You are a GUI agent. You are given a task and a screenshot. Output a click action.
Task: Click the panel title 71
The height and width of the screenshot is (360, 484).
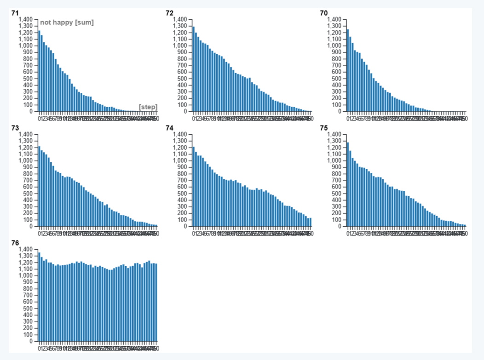click(15, 13)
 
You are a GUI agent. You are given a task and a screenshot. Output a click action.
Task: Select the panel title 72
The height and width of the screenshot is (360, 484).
click(169, 13)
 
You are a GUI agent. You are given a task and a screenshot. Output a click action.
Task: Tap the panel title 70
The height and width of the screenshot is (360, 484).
click(324, 13)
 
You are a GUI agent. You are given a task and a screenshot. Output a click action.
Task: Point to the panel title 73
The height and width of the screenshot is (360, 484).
click(15, 128)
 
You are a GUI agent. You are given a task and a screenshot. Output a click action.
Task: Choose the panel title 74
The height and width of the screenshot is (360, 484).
click(169, 128)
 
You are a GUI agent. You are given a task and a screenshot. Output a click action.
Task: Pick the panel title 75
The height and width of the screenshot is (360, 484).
click(324, 128)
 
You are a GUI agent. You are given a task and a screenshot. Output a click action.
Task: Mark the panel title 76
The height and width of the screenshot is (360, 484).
click(15, 243)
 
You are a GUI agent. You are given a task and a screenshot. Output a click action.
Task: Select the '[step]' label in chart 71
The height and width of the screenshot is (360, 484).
click(148, 107)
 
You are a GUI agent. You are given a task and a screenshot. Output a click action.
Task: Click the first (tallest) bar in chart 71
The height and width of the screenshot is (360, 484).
click(39, 71)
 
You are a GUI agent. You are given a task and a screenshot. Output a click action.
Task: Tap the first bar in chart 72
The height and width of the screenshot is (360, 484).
click(193, 69)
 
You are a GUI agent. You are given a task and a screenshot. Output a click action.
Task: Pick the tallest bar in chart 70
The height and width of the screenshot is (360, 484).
click(348, 70)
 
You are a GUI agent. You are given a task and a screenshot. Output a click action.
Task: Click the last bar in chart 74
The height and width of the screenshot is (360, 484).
click(311, 222)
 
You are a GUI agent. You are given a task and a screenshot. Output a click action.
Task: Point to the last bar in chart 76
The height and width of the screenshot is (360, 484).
click(156, 302)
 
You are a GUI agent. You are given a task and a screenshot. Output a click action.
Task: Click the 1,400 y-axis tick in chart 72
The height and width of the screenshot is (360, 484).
click(180, 19)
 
